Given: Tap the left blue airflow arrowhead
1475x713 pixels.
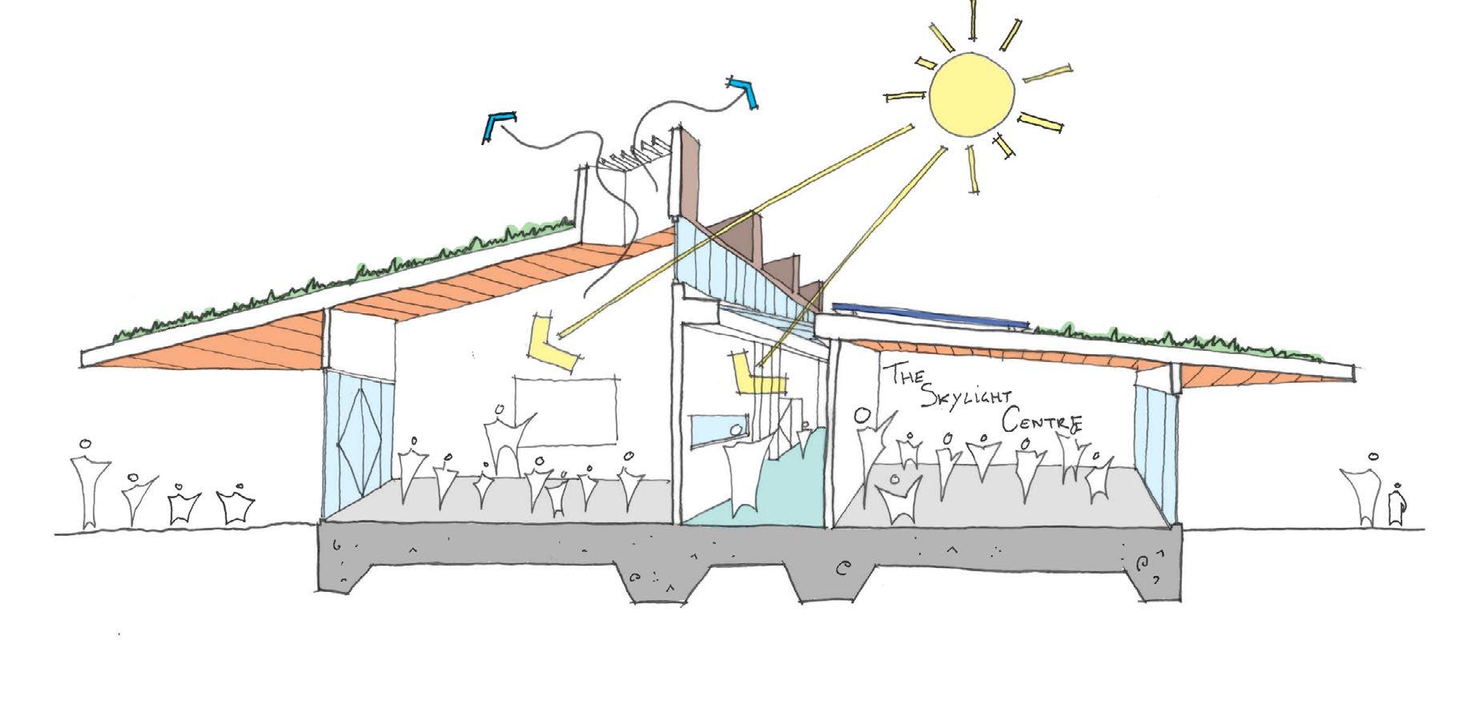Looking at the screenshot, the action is coord(497,126).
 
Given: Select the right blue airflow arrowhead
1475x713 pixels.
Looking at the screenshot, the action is coord(745,90).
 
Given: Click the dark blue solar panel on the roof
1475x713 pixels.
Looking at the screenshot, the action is coord(929,315).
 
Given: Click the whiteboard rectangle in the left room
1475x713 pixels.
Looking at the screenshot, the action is coord(567,410).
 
